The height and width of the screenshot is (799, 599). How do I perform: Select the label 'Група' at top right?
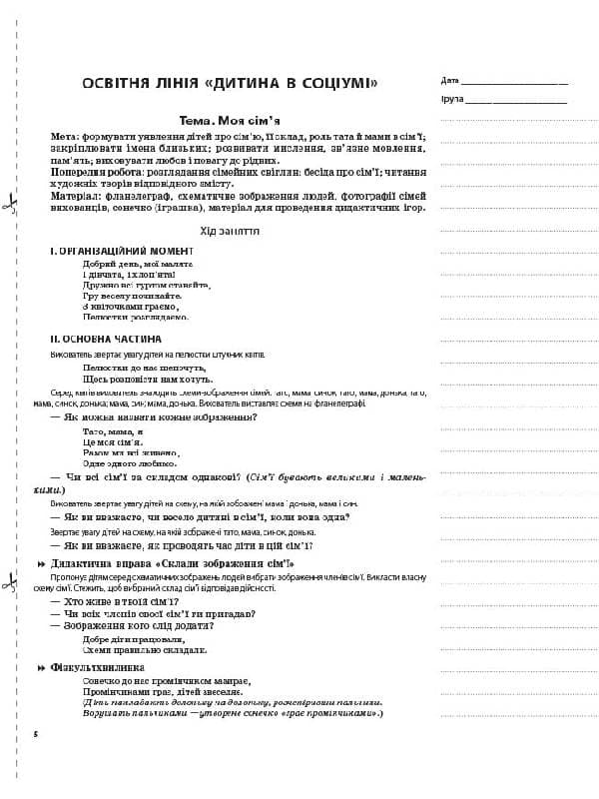(451, 101)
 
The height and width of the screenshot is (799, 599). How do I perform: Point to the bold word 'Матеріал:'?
(77, 196)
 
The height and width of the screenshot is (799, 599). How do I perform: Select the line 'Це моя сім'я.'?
(114, 440)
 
